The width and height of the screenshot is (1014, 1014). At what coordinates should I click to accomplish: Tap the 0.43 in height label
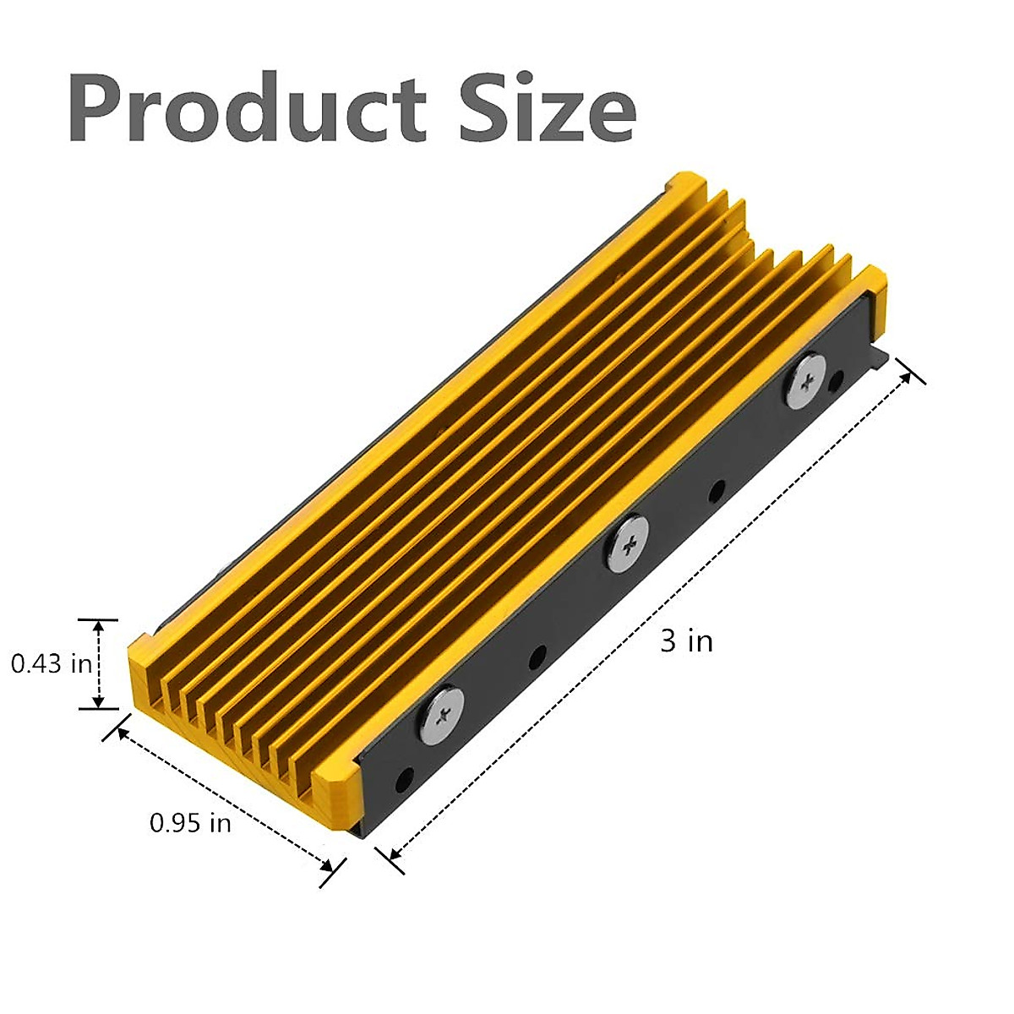tap(51, 664)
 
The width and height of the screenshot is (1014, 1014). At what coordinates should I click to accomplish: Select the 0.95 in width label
tap(190, 822)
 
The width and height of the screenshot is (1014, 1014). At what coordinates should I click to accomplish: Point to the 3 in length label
tap(686, 641)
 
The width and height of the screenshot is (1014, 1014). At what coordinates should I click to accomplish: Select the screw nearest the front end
tap(442, 711)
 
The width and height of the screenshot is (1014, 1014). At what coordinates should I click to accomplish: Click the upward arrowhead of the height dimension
tap(100, 626)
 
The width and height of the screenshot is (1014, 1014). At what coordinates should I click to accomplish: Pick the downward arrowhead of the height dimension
tap(100, 701)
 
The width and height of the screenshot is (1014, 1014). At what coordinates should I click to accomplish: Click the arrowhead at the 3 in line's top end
tap(906, 375)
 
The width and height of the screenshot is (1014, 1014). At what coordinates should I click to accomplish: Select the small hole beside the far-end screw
tap(838, 381)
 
